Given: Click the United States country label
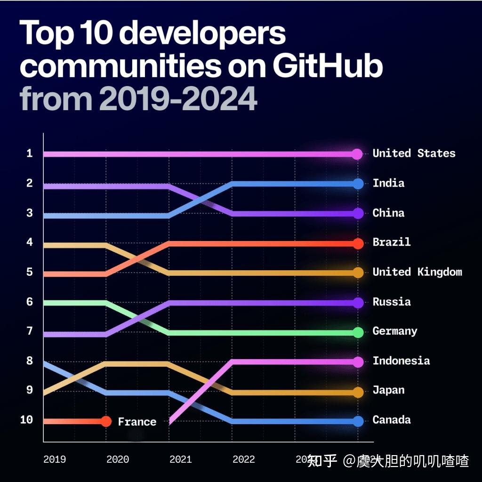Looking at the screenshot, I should pos(414,153).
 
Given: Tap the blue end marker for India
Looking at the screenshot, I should pos(358,184).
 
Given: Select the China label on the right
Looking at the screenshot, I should pos(388,213).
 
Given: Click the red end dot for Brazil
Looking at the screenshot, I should pos(358,243).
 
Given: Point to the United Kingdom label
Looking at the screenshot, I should pos(417,272).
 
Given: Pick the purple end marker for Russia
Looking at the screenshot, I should pos(358,303).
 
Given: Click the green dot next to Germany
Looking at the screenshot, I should pos(358,332).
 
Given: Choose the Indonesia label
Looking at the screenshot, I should pos(401,361).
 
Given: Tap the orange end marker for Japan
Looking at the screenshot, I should pos(358,392).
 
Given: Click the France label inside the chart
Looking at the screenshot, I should pos(137,422).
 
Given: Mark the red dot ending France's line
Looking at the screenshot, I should pos(106,421).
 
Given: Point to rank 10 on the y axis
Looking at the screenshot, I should pos(27,420).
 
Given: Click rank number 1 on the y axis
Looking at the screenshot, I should pos(30,153).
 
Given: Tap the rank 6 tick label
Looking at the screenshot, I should pos(30,302).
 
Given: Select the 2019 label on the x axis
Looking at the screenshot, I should pos(55,459).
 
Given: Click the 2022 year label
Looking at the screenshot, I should pos(243,459).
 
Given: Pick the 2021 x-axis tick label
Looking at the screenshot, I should pos(181,459).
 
